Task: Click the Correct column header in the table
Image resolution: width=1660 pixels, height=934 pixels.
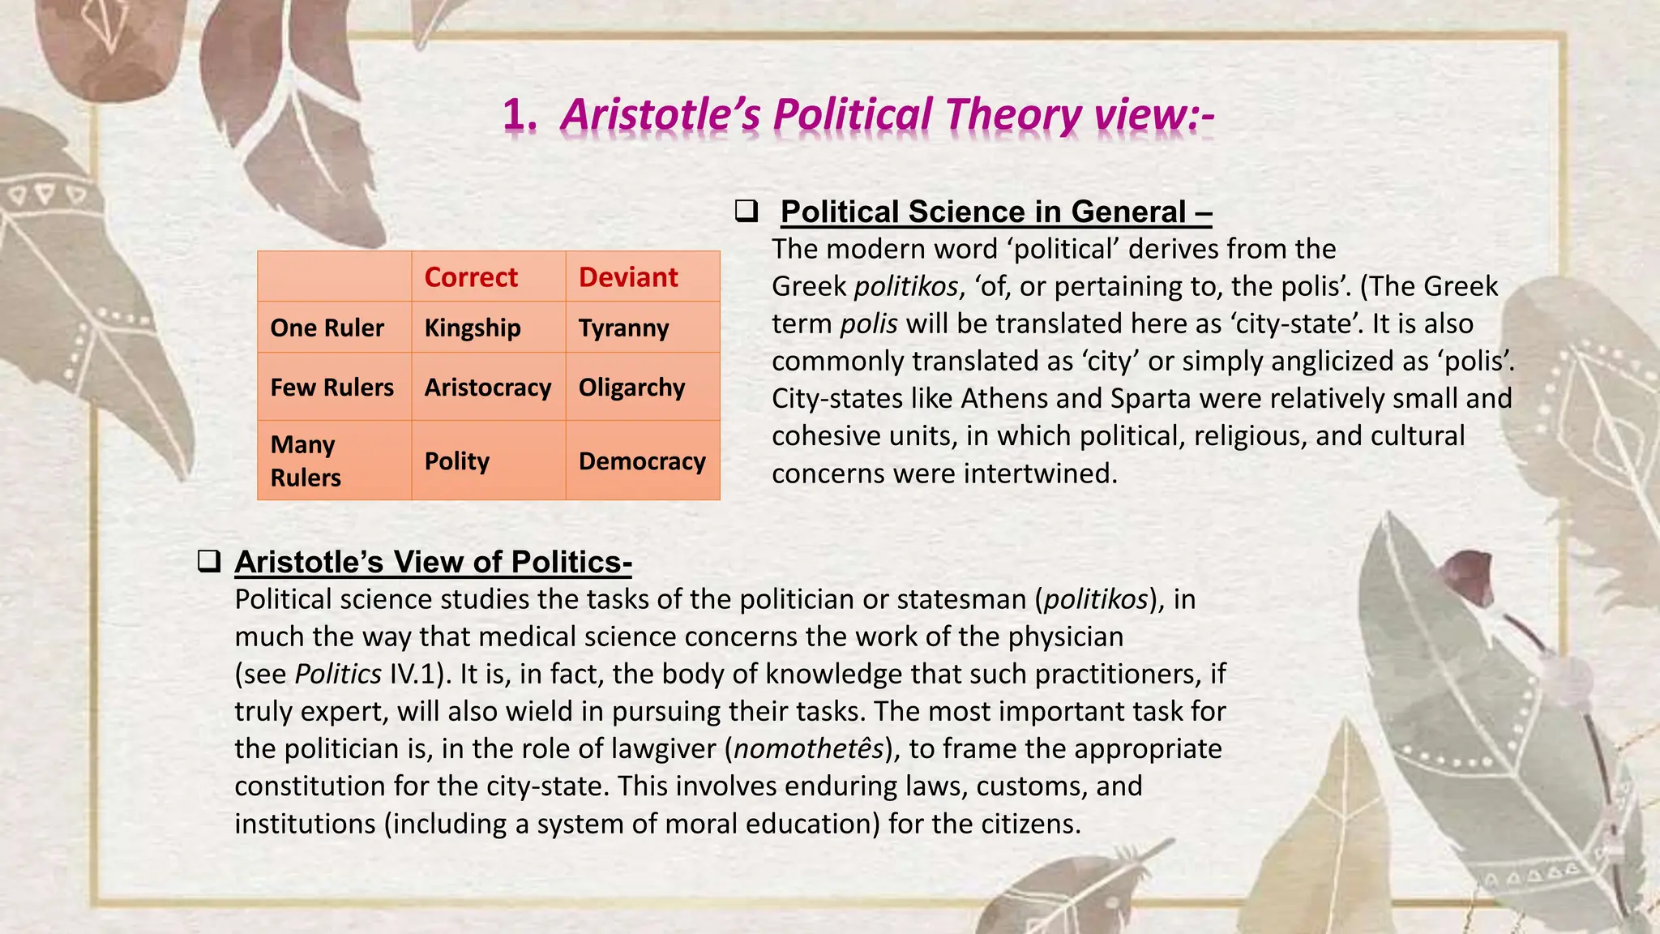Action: [471, 277]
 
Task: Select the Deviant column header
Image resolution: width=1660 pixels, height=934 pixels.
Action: [628, 277]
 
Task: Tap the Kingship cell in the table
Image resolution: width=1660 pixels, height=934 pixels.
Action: [473, 328]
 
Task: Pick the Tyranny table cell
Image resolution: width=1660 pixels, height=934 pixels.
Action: [623, 328]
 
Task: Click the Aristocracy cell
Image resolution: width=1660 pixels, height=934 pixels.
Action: [487, 388]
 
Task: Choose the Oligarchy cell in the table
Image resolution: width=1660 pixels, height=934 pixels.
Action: [631, 388]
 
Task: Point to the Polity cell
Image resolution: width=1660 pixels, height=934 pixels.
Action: [457, 461]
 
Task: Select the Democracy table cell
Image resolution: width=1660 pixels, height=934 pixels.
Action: [642, 461]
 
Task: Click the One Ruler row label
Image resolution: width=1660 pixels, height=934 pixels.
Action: [327, 328]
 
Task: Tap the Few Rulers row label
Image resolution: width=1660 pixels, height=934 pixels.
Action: [332, 388]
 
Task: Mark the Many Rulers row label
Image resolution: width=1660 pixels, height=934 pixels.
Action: [306, 461]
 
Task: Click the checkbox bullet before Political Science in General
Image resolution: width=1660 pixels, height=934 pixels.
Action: [746, 211]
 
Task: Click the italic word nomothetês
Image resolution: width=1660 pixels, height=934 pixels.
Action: [809, 748]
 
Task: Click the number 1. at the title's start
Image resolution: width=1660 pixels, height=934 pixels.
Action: [520, 114]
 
